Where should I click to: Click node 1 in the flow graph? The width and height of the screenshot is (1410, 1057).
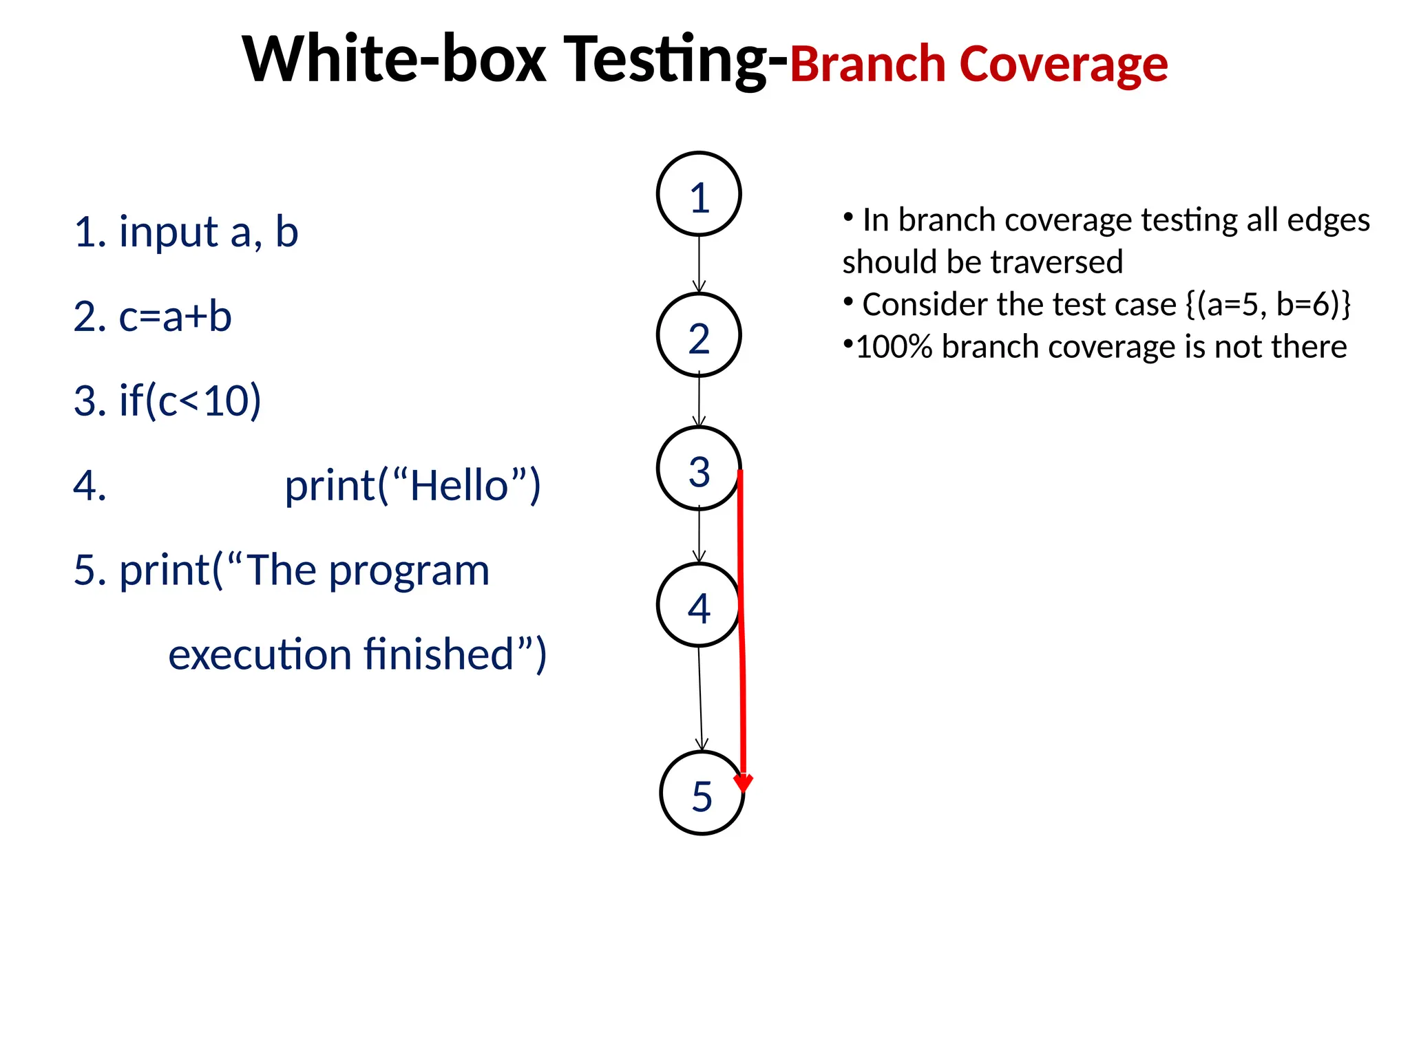(699, 195)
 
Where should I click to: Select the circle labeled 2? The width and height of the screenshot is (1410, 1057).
(699, 336)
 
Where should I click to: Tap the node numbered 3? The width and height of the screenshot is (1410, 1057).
(699, 469)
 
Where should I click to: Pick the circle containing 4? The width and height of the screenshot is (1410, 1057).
(699, 606)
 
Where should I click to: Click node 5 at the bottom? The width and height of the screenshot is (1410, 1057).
(702, 793)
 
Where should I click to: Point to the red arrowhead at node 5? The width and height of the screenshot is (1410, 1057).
(744, 783)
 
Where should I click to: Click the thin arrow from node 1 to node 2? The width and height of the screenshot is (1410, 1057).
(699, 265)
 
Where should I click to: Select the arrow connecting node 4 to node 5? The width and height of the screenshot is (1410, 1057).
(700, 698)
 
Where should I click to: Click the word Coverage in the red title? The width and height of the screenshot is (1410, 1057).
(1063, 64)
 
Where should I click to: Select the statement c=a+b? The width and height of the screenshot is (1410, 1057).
(175, 317)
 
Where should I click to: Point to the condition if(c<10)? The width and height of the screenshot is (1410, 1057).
(190, 401)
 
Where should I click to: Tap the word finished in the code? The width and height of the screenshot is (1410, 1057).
(439, 654)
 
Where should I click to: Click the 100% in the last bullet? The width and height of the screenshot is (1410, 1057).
(894, 347)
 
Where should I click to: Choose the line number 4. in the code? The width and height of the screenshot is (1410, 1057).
(90, 486)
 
